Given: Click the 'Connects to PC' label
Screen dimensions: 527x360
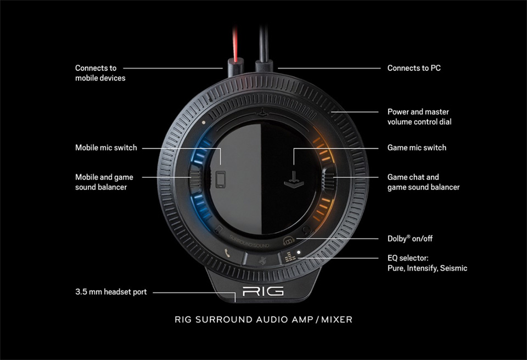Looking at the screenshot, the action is (x=414, y=68).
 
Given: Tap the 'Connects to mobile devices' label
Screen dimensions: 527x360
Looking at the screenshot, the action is (x=100, y=73).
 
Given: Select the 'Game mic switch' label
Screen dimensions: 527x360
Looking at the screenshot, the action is (x=417, y=148).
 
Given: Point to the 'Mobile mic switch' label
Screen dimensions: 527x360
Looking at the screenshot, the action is (x=106, y=148).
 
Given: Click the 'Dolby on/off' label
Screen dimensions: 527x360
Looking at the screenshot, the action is (x=410, y=239).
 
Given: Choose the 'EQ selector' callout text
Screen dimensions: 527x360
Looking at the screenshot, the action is (x=427, y=263).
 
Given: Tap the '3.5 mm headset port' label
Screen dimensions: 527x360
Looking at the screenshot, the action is (x=111, y=292).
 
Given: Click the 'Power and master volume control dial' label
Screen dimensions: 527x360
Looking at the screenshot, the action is (x=419, y=117).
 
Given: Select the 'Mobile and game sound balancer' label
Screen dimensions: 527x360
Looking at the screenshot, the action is (x=104, y=182).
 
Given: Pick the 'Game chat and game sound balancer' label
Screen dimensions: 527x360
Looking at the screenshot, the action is (x=423, y=182).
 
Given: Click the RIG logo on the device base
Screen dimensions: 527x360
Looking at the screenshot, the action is (x=263, y=291).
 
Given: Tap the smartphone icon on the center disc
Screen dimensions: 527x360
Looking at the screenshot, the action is (x=221, y=179).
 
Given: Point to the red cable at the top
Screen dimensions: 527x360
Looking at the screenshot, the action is (x=236, y=44).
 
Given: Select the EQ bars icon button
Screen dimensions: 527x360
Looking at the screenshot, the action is (x=290, y=257).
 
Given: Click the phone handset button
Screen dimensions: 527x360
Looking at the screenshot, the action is (x=227, y=254).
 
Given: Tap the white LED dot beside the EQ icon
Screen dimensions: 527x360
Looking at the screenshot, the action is (x=299, y=252).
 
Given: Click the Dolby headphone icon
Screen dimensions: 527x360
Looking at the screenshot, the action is (x=289, y=240).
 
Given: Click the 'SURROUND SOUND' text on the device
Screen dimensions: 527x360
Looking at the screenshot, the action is (x=249, y=241).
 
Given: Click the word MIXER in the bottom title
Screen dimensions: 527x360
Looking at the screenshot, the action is (x=337, y=319).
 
